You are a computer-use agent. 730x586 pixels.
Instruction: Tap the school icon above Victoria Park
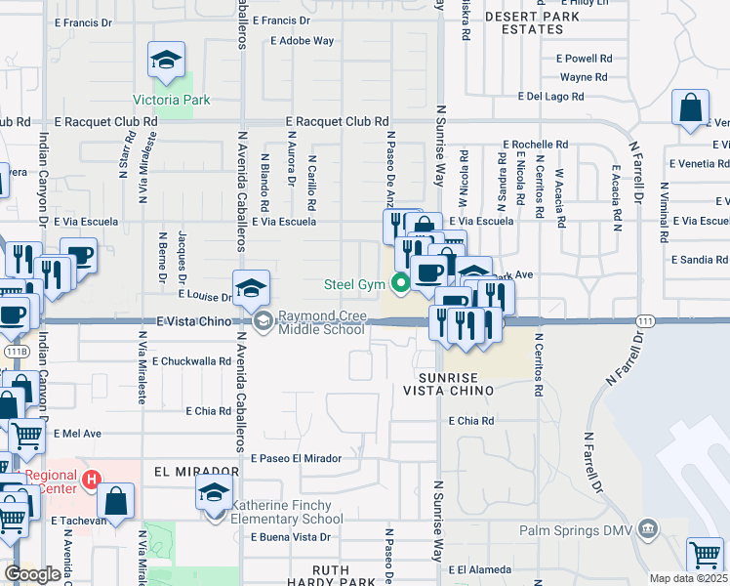point(166,61)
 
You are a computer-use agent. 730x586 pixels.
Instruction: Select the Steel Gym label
point(354,285)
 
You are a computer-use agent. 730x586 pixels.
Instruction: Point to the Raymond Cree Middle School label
point(322,322)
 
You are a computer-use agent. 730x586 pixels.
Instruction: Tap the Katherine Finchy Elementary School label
point(287,512)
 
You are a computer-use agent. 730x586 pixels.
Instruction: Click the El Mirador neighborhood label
point(196,470)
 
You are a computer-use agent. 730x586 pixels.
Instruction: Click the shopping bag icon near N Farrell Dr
point(690,107)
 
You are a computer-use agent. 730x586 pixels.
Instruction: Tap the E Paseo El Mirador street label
point(296,458)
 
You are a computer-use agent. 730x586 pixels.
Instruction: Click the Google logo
point(33,575)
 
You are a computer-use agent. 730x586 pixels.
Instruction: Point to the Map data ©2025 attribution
point(688,578)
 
